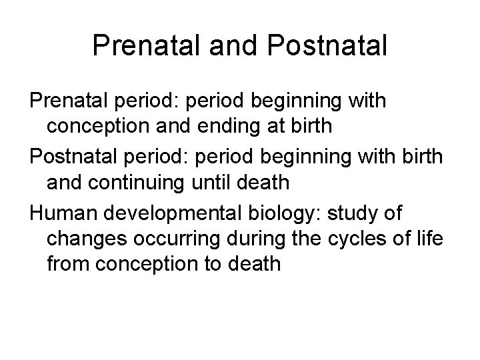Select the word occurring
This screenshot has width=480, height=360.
pyautogui.click(x=178, y=238)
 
